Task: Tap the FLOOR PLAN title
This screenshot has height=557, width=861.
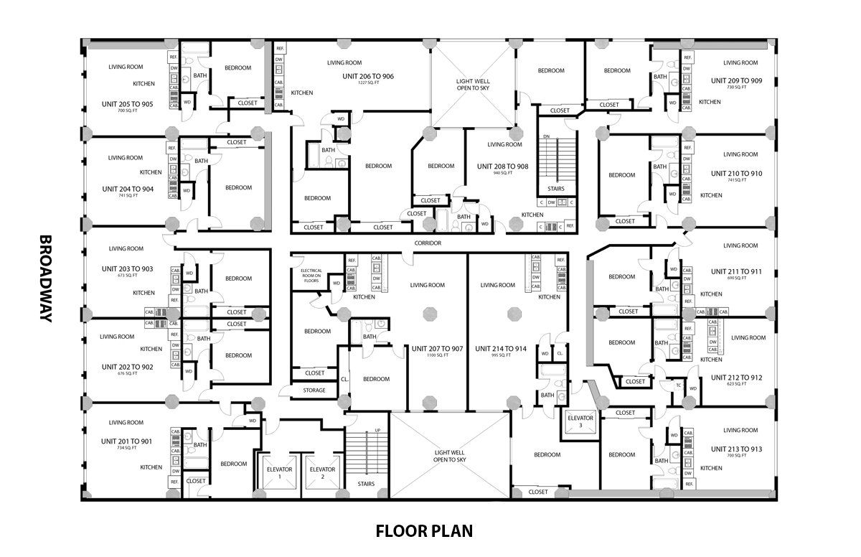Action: pos(424,531)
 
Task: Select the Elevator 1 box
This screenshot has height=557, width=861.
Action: pos(280,472)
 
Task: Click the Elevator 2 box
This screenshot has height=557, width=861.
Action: pos(322,472)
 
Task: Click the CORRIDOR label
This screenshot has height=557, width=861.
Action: pos(427,243)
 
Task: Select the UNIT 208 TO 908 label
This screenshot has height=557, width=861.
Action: pos(502,166)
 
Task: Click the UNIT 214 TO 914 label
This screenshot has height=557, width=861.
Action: pos(500,349)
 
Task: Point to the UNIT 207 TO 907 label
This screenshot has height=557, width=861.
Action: pos(437,349)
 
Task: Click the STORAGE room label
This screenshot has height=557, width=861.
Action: pos(314,390)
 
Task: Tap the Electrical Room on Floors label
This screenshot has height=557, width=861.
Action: pos(311,276)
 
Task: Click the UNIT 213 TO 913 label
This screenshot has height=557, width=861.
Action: pos(736,449)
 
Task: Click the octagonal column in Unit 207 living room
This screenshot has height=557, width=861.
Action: pos(430,313)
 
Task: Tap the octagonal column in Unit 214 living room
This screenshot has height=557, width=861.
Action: pos(514,313)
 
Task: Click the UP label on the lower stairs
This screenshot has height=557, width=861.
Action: pos(377,431)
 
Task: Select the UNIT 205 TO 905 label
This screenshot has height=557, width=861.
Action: pos(127,104)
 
